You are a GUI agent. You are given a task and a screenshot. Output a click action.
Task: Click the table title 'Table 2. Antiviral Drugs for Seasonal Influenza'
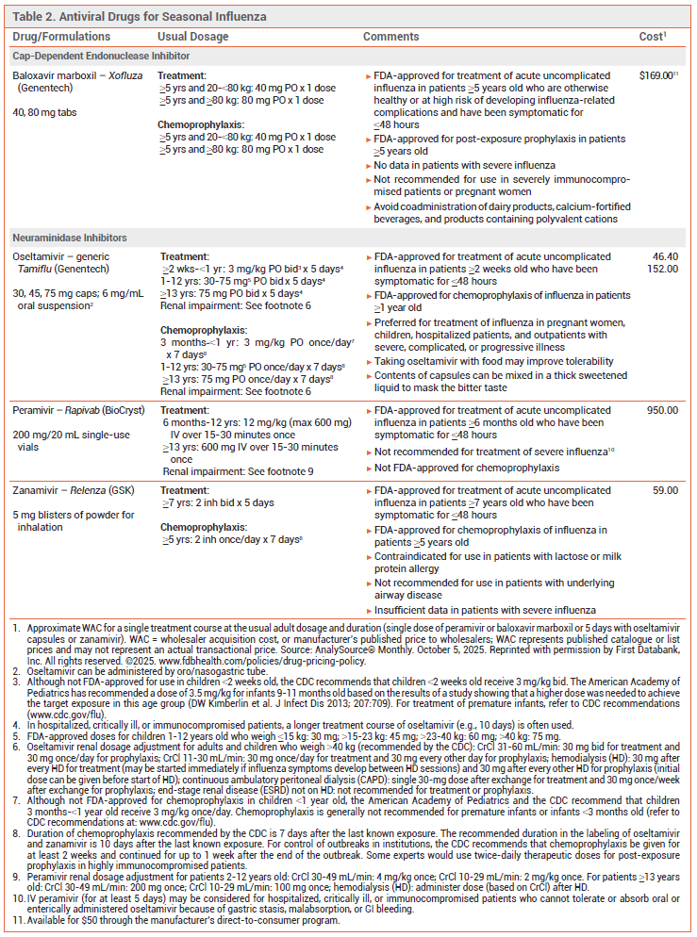[140, 17]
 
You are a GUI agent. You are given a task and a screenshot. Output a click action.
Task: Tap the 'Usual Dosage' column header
[192, 37]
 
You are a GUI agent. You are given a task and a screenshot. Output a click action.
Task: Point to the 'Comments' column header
[391, 37]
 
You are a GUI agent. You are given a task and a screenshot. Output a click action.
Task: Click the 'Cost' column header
[651, 37]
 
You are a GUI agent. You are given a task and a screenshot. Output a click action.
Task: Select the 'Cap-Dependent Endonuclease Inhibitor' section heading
[101, 56]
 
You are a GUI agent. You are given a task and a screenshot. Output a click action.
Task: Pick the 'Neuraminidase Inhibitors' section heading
[73, 238]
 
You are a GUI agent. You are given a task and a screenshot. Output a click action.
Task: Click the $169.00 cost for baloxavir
[656, 74]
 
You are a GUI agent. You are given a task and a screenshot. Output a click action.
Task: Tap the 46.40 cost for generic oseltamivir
[663, 256]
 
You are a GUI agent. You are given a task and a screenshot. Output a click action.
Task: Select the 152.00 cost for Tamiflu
[660, 269]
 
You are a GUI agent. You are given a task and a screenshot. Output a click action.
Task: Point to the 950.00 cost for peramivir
[660, 410]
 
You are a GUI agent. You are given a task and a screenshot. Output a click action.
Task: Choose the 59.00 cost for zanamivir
[663, 490]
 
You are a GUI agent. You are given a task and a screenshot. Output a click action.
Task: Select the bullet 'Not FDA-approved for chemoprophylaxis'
[467, 468]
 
